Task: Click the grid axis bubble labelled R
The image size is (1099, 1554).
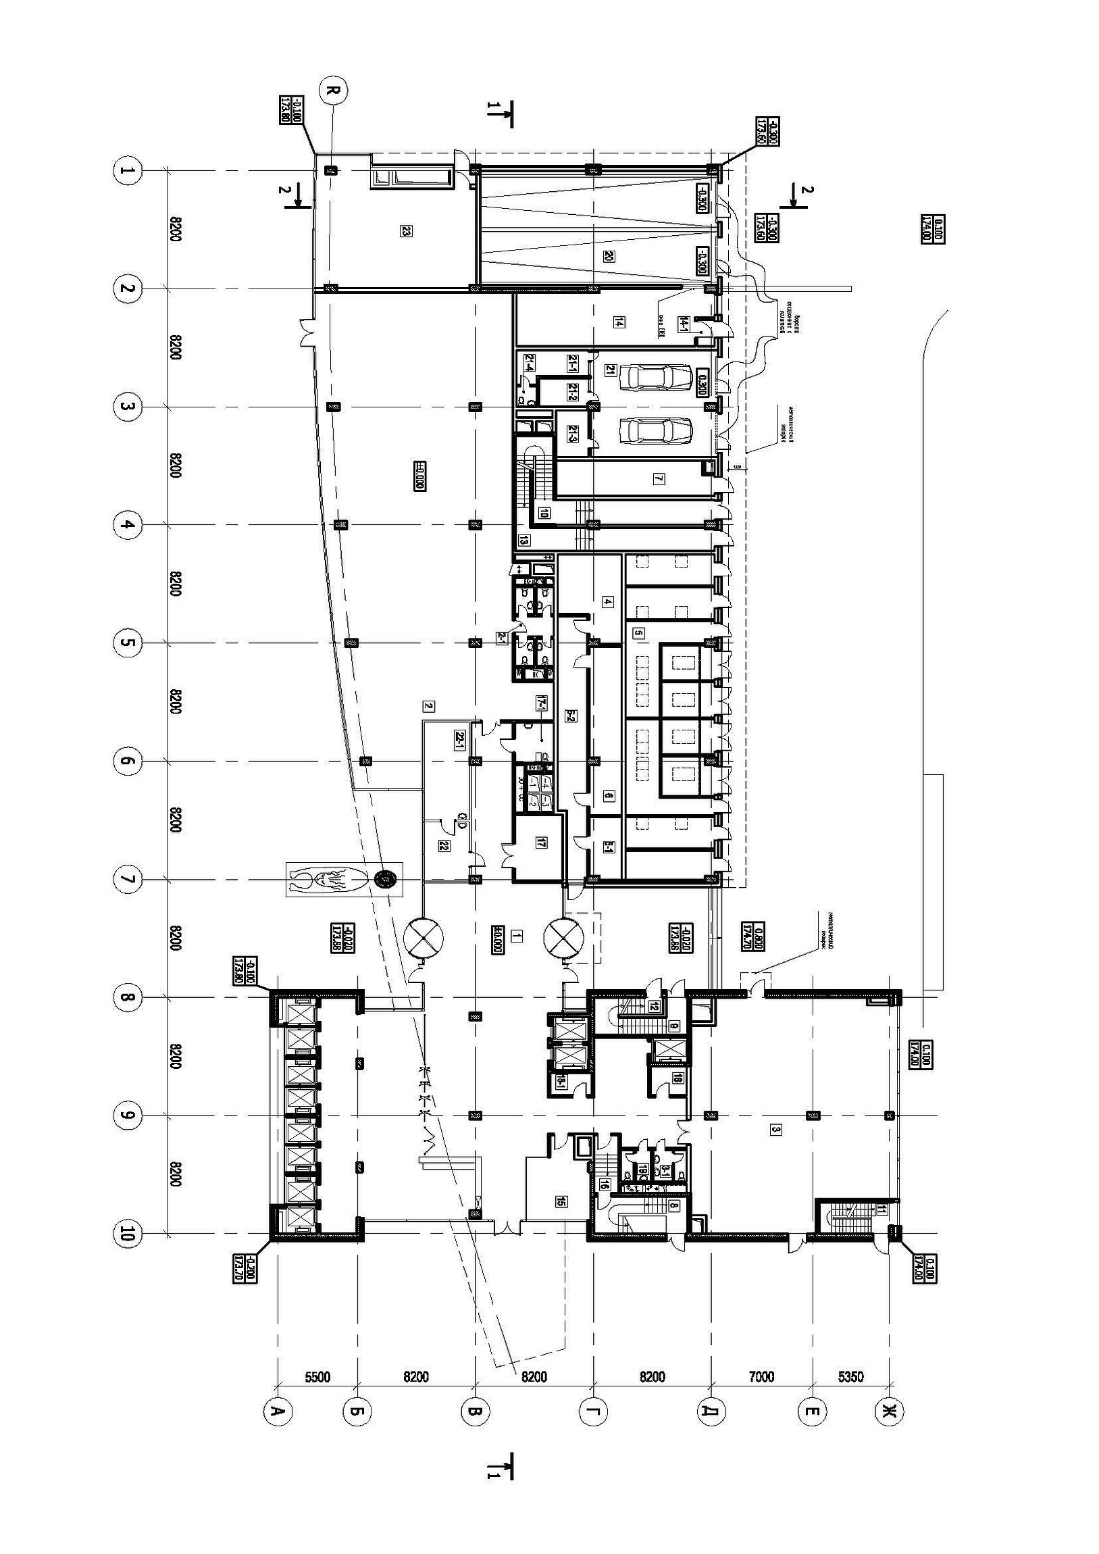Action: [332, 91]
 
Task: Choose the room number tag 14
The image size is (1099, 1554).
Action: [618, 322]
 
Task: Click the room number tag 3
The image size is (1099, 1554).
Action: [776, 1130]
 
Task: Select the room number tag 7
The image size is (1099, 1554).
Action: [659, 479]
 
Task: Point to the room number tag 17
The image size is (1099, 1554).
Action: [540, 843]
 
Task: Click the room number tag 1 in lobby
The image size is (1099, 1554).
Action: [516, 936]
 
